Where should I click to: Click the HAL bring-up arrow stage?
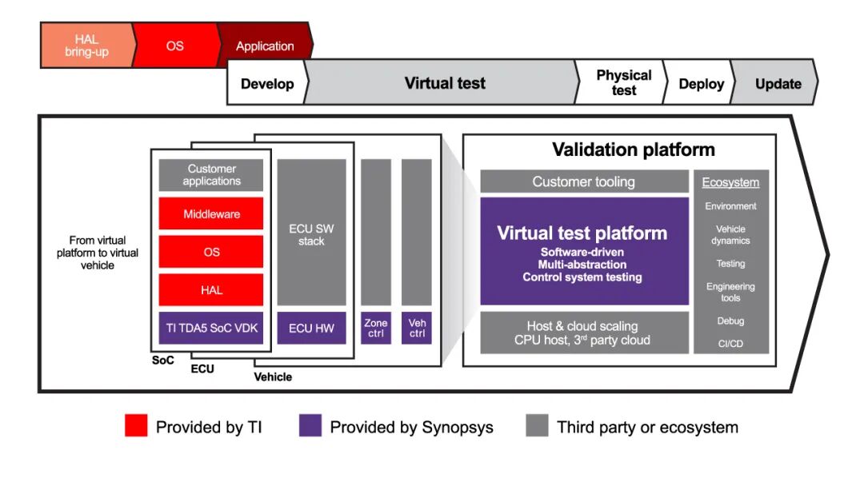point(86,46)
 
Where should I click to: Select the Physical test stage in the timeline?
point(623,82)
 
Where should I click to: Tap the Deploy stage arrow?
point(701,83)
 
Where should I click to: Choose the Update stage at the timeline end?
point(778,83)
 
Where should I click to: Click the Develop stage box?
point(267,83)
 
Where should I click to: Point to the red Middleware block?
point(211,214)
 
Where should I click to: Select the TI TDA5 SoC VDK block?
point(211,328)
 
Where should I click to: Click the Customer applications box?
point(211,175)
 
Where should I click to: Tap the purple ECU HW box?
point(311,328)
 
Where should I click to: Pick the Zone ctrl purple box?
point(376,329)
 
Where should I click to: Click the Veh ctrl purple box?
point(417,329)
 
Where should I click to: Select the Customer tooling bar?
point(584,181)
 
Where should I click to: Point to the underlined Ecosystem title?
point(730,182)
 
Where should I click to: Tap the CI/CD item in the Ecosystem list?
point(730,344)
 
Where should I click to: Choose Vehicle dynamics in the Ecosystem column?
point(730,234)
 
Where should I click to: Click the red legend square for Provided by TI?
point(136,426)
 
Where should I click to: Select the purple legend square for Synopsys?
point(310,426)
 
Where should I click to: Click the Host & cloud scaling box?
point(584,333)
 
